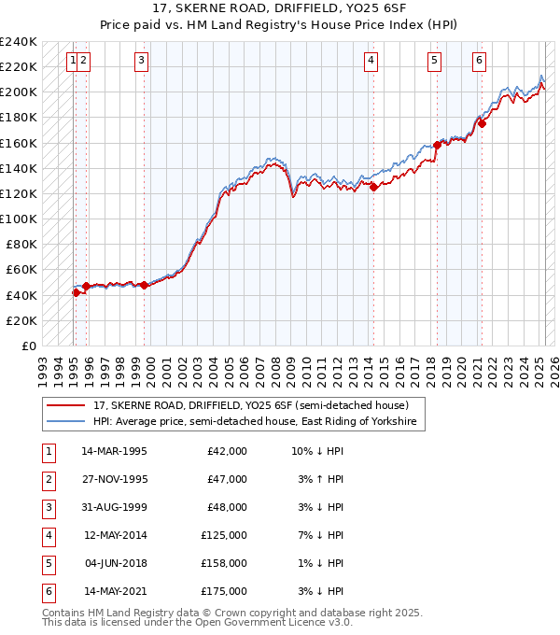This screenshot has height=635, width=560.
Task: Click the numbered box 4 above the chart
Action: pyautogui.click(x=371, y=62)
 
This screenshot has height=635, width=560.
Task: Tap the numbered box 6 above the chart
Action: pyautogui.click(x=479, y=62)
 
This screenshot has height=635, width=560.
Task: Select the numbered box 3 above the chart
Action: pyautogui.click(x=141, y=62)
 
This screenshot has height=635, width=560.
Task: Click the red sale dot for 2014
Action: pyautogui.click(x=373, y=187)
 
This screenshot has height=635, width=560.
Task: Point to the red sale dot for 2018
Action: pyautogui.click(x=437, y=145)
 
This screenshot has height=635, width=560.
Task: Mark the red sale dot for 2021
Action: pyautogui.click(x=483, y=123)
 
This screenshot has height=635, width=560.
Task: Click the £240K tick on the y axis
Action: pyautogui.click(x=19, y=42)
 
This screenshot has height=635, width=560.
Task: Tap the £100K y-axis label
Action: pyautogui.click(x=19, y=219)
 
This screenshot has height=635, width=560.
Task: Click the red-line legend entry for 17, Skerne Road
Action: pyautogui.click(x=250, y=405)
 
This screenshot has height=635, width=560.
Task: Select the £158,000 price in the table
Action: pyautogui.click(x=227, y=563)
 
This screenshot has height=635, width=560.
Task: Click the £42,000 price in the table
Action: pyautogui.click(x=227, y=451)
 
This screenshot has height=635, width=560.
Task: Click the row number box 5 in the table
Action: pyautogui.click(x=48, y=563)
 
